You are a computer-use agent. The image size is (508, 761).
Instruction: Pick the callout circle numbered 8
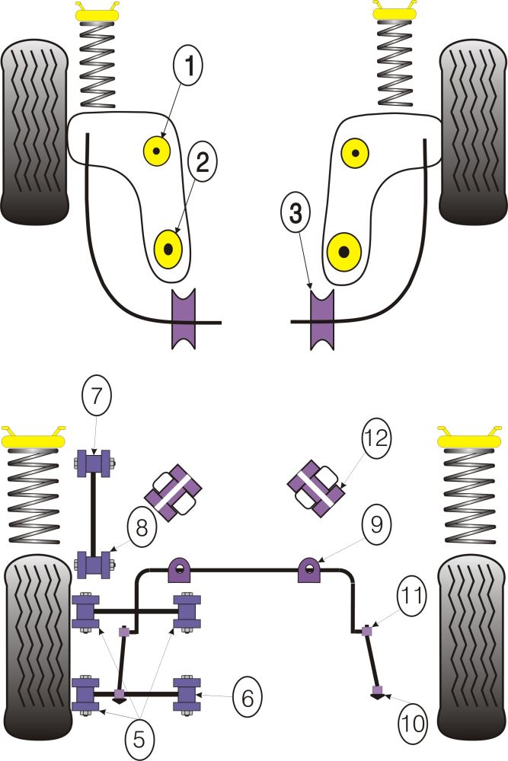pos(143,526)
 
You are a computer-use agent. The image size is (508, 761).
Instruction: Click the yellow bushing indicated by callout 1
pos(158,152)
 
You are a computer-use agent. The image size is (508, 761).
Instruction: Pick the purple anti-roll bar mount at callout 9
pos(308,569)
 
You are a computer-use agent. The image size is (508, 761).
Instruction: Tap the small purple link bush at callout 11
pos(367,630)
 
